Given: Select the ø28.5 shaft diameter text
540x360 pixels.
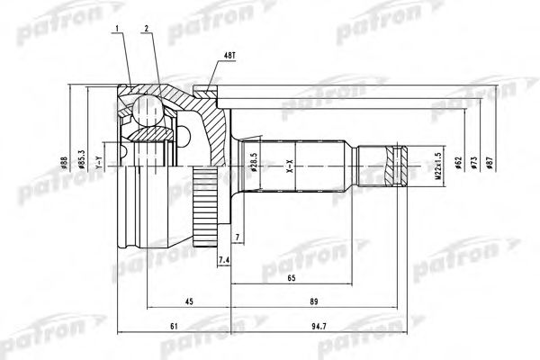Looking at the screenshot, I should pyautogui.click(x=256, y=164).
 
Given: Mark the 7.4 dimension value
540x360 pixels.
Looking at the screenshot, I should pyautogui.click(x=224, y=260).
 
